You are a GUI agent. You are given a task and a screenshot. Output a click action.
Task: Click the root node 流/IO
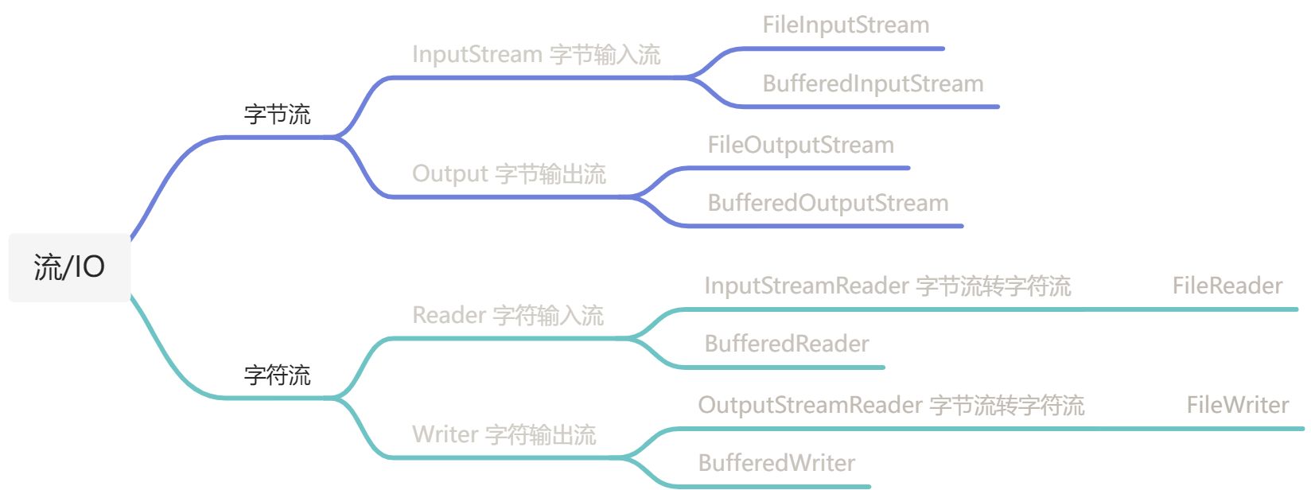click(69, 267)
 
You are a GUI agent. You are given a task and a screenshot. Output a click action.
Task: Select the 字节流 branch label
click(277, 115)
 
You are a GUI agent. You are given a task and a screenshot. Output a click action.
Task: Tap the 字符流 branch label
click(277, 375)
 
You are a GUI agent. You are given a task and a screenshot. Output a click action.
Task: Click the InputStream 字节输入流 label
click(536, 55)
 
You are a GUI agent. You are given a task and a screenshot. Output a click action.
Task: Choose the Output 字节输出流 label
click(509, 174)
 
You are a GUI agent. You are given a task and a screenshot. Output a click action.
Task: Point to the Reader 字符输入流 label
click(508, 316)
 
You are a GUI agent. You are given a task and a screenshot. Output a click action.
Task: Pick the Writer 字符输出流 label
click(504, 435)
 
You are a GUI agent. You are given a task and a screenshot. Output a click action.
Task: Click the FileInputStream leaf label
click(846, 25)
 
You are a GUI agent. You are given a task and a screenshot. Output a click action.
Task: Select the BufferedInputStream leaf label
click(873, 84)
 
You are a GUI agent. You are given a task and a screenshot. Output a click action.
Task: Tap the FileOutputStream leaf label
click(801, 146)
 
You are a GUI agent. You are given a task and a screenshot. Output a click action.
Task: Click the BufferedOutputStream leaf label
click(828, 204)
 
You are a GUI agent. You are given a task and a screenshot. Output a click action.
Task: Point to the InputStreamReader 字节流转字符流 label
click(888, 286)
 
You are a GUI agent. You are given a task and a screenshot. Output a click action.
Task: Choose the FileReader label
click(1227, 286)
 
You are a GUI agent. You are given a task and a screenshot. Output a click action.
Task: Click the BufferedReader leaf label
click(787, 344)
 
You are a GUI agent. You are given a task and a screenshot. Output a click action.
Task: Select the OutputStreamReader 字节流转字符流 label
click(891, 406)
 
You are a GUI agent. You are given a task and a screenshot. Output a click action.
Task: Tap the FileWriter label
click(1238, 406)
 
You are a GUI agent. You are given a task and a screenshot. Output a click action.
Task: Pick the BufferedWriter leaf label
click(776, 464)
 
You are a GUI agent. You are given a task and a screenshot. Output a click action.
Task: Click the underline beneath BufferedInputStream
click(867, 107)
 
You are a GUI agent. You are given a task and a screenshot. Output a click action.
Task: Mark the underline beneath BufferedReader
click(780, 367)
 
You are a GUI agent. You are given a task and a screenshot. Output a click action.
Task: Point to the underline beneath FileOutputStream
click(796, 169)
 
